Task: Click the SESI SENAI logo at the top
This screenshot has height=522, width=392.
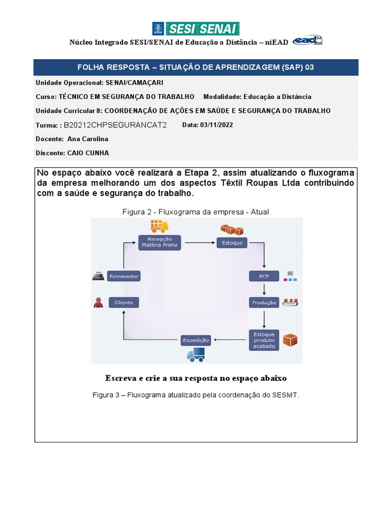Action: [x=196, y=29]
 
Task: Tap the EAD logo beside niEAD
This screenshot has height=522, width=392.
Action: [x=307, y=41]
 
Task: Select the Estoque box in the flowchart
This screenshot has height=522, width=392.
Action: [x=232, y=243]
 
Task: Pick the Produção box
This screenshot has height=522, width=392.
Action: [x=264, y=302]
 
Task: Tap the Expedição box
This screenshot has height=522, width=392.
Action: [x=196, y=340]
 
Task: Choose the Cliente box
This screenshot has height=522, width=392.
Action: [x=124, y=302]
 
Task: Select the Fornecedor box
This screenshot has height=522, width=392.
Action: [x=124, y=276]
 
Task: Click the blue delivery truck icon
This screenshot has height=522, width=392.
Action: [x=195, y=355]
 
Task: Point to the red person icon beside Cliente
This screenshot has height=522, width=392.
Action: [x=98, y=302]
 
